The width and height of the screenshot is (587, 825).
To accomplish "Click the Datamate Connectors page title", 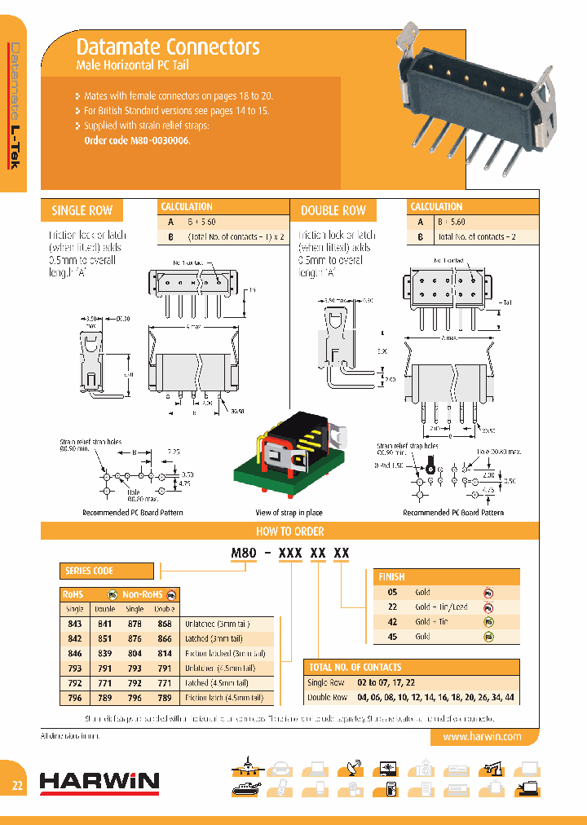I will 168,47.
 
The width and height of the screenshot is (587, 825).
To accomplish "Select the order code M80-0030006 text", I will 137,140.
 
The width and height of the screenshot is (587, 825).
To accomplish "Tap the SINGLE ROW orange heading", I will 82,211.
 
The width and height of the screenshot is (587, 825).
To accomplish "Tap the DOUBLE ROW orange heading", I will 333,211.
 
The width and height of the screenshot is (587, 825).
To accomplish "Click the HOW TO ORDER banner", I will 290,532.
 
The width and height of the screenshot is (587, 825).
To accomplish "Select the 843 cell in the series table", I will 74,624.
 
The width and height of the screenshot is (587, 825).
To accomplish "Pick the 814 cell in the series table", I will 164,653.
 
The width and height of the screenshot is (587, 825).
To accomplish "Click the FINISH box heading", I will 391,576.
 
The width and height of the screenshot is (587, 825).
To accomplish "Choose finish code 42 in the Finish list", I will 392,621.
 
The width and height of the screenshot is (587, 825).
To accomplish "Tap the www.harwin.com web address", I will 481,736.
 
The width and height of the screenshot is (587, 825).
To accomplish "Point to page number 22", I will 17,787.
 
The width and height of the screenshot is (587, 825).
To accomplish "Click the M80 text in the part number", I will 244,553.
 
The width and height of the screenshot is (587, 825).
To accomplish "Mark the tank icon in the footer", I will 245,788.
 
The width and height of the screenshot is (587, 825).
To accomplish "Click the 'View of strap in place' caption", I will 290,513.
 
